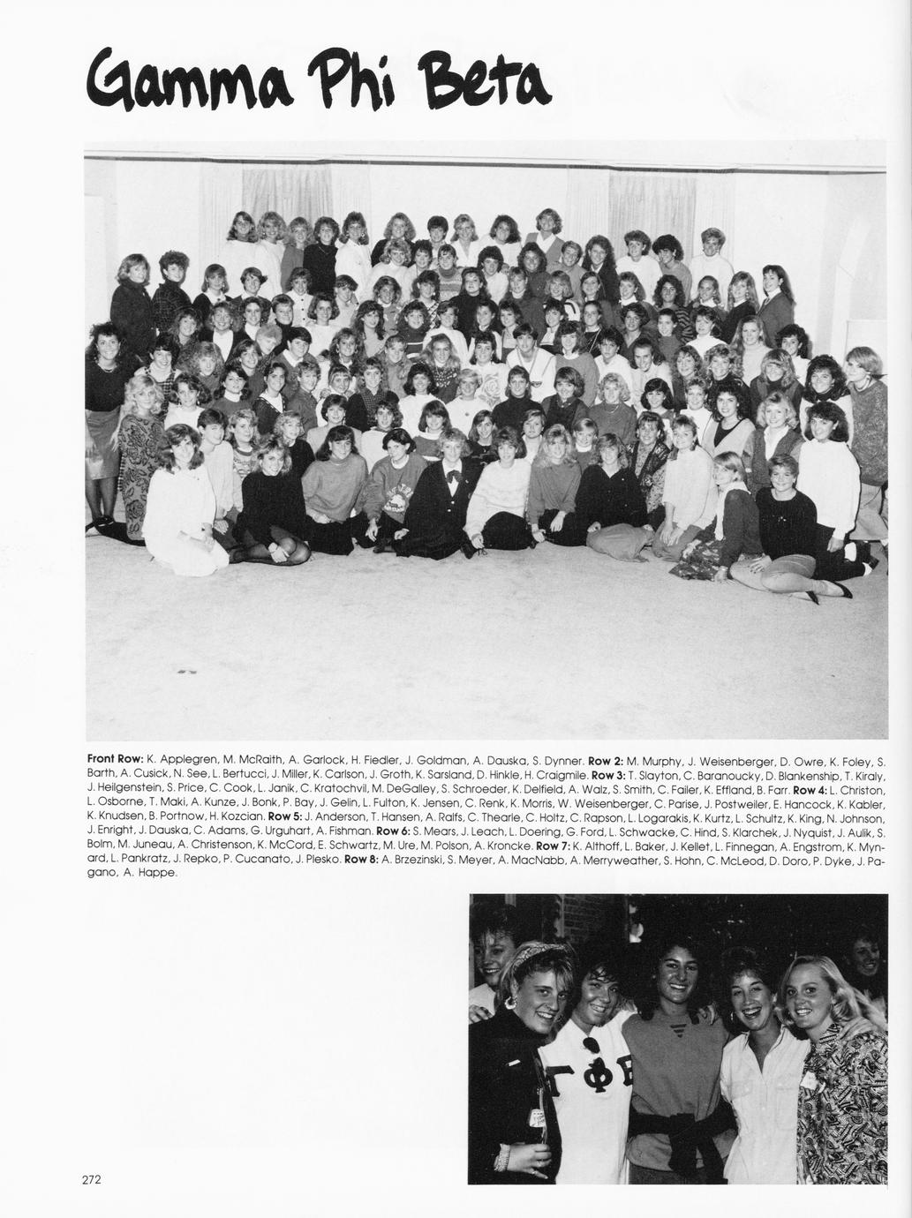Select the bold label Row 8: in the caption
(361, 859)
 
